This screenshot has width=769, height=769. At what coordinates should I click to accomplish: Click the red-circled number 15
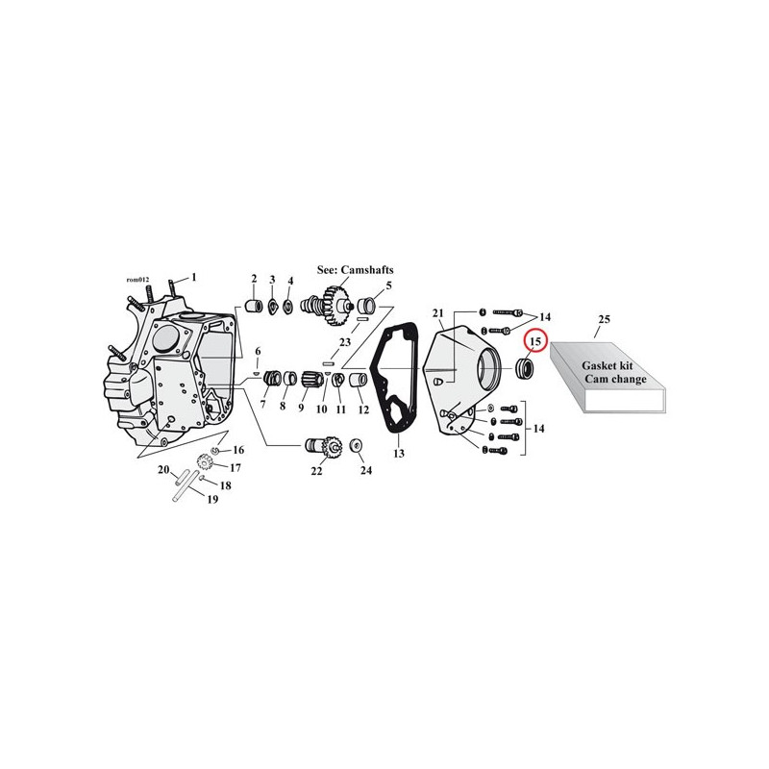point(535,341)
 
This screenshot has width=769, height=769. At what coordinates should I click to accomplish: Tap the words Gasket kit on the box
point(608,366)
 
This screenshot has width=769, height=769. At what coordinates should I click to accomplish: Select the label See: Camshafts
point(355,270)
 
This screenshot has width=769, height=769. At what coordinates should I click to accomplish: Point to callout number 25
point(605,319)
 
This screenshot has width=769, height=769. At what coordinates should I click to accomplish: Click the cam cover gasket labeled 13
point(391,379)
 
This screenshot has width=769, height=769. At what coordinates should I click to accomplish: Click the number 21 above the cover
point(438,313)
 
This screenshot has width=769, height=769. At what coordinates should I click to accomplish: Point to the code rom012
point(137,280)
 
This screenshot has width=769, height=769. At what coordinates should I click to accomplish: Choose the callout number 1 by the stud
point(194,278)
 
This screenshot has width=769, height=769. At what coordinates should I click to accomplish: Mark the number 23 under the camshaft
point(345,342)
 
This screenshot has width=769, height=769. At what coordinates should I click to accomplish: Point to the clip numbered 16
point(214,450)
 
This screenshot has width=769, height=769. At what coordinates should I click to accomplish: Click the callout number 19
point(212,499)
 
